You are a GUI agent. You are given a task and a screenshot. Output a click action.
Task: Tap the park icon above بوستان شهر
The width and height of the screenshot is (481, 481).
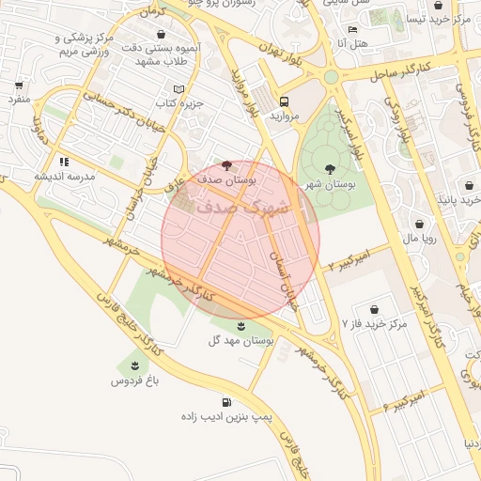click(x=329, y=169)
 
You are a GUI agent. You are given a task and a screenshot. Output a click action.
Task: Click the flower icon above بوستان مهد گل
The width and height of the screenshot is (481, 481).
click(x=242, y=326)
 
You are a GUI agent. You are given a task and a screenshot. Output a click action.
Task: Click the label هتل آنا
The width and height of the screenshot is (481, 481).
click(x=358, y=43)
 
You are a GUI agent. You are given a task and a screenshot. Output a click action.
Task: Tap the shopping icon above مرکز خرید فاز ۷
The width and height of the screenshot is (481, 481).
click(x=375, y=309)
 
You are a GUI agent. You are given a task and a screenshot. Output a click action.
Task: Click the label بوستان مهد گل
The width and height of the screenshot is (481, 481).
click(x=241, y=342)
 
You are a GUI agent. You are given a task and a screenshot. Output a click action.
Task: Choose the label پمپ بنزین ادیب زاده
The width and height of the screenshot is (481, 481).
click(x=226, y=416)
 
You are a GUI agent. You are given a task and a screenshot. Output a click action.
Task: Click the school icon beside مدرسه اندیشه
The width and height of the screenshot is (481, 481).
click(x=64, y=162)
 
